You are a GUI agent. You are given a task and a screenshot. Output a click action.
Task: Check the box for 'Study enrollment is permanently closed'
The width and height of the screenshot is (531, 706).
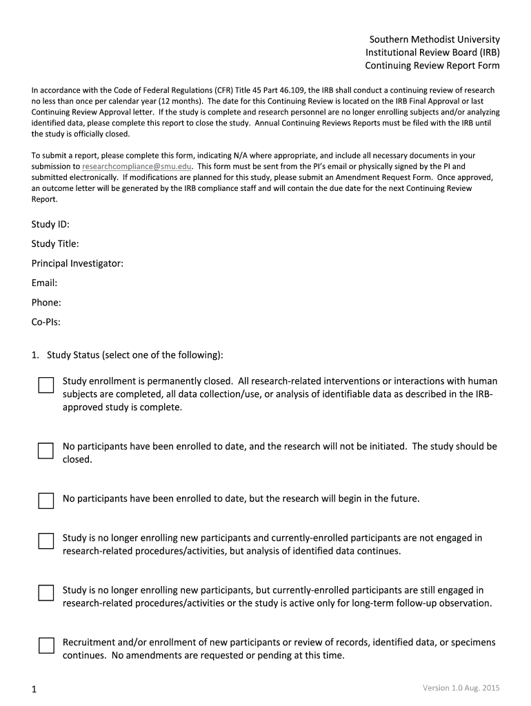pos(46,385)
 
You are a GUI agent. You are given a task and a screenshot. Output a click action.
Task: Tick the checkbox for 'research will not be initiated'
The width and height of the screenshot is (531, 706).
pos(46,451)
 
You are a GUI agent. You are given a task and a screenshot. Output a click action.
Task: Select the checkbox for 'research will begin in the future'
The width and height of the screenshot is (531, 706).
pos(46,500)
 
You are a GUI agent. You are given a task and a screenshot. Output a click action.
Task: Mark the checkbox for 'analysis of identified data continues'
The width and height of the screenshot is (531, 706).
pos(46,541)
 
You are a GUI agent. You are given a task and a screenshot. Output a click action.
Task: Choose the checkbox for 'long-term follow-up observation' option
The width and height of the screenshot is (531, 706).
pos(46,593)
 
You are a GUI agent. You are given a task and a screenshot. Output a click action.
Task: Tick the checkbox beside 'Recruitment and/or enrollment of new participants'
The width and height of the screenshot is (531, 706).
pos(46,645)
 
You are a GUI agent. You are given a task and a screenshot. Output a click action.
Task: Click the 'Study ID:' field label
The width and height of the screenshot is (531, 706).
pos(50,224)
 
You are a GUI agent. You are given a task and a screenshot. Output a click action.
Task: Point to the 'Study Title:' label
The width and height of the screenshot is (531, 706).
pos(55,243)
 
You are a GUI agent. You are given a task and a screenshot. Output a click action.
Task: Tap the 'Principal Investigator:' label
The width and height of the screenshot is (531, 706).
pos(77,263)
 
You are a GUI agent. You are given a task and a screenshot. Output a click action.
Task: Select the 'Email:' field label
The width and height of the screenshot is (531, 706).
pos(44,283)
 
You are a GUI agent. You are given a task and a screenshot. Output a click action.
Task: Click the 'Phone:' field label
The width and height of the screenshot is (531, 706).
pos(46,302)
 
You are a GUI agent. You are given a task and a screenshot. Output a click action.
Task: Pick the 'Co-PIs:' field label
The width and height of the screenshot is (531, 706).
pos(46,321)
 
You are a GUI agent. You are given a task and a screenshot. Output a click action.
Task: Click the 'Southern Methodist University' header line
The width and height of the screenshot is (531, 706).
pos(432,39)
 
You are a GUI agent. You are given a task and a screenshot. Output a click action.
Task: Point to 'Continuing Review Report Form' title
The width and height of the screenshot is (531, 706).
pos(432,65)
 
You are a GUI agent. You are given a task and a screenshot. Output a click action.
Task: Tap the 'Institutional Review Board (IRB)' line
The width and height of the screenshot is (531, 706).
pos(432,52)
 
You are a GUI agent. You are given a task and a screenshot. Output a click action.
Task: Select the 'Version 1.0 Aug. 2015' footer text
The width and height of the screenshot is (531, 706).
pos(461,687)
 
